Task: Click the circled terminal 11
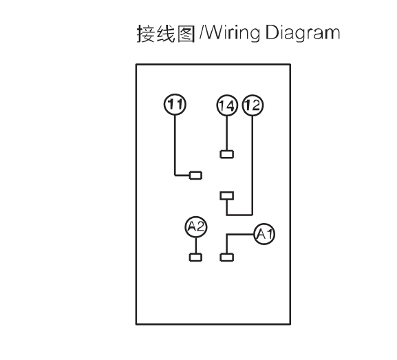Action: [x=175, y=104]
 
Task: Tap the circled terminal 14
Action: [x=227, y=105]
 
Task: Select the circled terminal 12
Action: [x=253, y=105]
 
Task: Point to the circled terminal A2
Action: [x=196, y=226]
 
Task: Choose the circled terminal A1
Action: [x=264, y=234]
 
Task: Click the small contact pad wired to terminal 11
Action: [x=195, y=176]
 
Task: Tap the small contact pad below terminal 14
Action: [x=227, y=154]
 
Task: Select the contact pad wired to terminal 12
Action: [x=227, y=196]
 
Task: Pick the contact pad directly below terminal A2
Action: [x=195, y=257]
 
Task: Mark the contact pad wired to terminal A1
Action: [x=227, y=257]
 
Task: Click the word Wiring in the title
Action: [x=232, y=33]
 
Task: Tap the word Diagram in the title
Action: [x=303, y=33]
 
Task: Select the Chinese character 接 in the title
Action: [x=146, y=34]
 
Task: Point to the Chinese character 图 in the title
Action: [x=186, y=34]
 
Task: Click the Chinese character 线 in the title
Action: [x=166, y=34]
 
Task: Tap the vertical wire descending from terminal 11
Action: [x=175, y=145]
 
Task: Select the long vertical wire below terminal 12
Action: [x=253, y=165]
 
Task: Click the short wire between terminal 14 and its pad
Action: [x=227, y=134]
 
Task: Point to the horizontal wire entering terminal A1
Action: [x=241, y=235]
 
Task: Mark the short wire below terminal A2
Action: [x=195, y=246]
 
